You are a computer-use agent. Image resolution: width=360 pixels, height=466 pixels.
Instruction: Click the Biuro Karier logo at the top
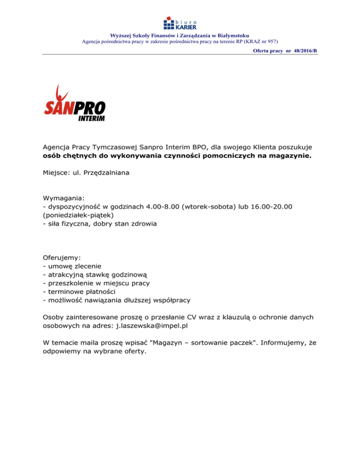click(180, 23)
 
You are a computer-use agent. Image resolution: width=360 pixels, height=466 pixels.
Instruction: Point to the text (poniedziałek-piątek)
click(78, 216)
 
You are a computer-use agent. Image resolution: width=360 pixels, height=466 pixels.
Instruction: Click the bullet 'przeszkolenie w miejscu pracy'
click(95, 283)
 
